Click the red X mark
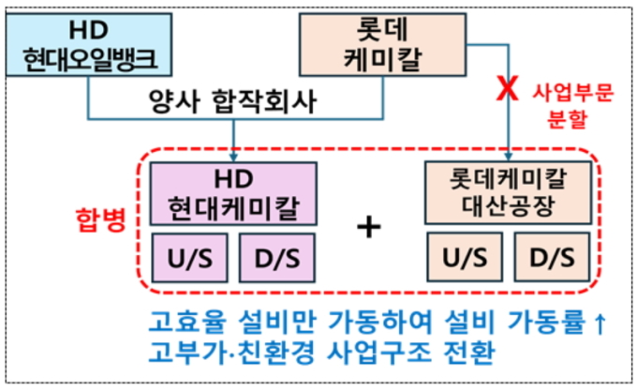pyautogui.click(x=507, y=91)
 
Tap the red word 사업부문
pyautogui.click(x=568, y=92)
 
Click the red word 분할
pyautogui.click(x=570, y=119)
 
